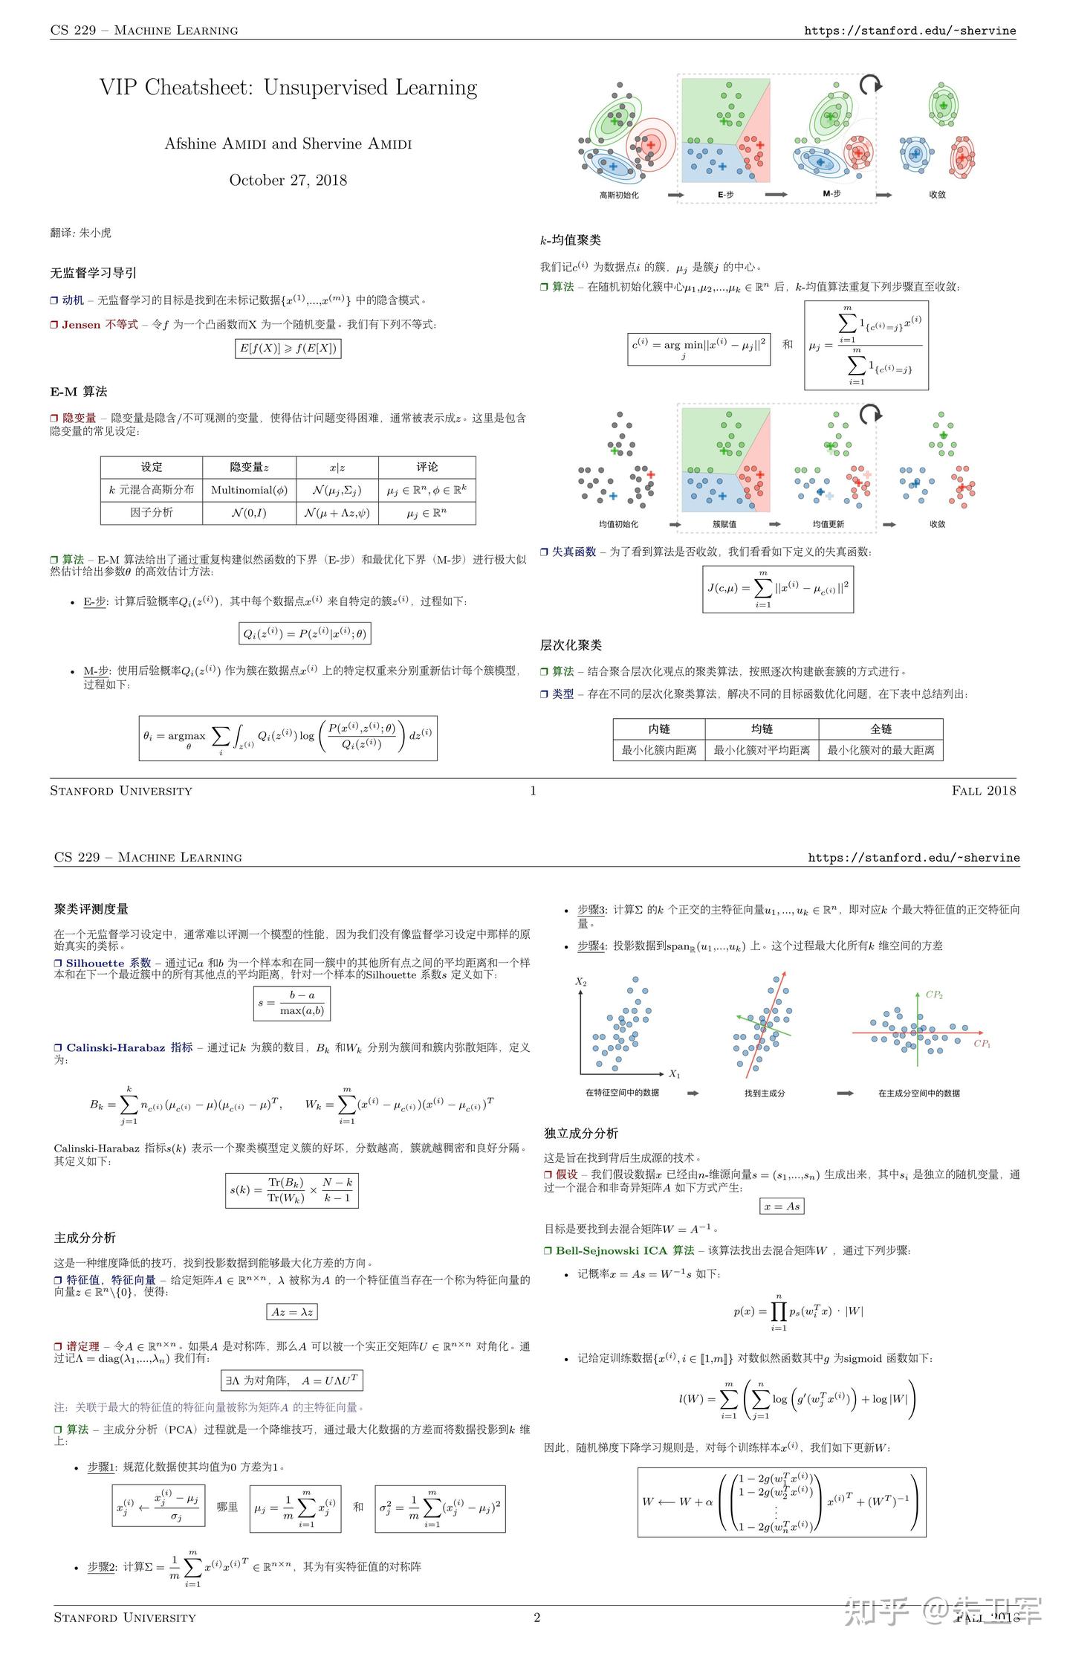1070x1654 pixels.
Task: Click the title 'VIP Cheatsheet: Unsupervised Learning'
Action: click(288, 88)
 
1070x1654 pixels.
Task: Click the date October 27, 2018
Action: click(288, 180)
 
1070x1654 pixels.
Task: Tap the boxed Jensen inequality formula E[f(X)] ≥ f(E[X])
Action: click(288, 348)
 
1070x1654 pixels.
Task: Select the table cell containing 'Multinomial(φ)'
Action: click(249, 490)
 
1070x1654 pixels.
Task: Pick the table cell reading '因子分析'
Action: click(152, 512)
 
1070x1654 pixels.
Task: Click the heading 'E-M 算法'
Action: click(79, 391)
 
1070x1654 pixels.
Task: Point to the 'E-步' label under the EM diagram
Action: click(725, 195)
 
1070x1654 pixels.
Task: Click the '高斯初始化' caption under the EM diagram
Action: click(619, 195)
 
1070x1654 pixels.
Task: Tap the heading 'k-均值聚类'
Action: click(571, 240)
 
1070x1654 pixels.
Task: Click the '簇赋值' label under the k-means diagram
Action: click(724, 524)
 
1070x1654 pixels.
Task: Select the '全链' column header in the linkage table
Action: click(881, 729)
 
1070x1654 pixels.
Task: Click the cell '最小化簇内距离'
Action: click(659, 750)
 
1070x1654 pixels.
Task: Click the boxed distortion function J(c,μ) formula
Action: click(778, 589)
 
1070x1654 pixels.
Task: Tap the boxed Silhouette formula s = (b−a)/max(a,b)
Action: click(292, 1004)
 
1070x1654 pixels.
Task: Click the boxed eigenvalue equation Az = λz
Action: click(292, 1312)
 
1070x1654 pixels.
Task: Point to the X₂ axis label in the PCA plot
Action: click(581, 982)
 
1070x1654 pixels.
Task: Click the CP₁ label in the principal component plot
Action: click(982, 1044)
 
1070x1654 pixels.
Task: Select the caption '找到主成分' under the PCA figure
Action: click(765, 1093)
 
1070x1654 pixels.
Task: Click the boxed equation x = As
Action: click(782, 1206)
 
